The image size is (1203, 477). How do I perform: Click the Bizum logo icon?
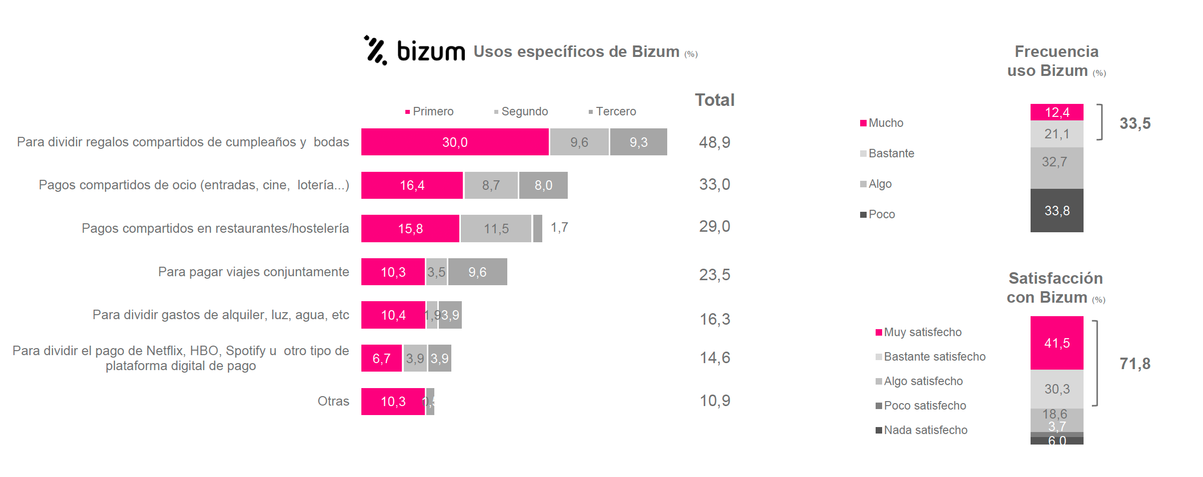tap(375, 50)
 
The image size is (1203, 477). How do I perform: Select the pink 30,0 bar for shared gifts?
tap(454, 142)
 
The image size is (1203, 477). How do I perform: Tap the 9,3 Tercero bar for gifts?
tap(638, 142)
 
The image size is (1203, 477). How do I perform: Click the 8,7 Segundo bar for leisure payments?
tap(491, 185)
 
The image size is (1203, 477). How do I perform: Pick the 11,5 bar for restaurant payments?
tap(496, 229)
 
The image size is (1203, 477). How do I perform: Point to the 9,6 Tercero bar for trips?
tap(477, 272)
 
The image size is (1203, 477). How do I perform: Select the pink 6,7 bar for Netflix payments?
tap(381, 358)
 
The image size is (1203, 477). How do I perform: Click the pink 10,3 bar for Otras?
tap(393, 402)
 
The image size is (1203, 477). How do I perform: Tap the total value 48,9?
tap(714, 142)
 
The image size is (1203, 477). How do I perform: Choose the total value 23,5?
tap(714, 275)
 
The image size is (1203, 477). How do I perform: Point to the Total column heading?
tap(715, 100)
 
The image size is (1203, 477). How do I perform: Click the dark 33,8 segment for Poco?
tap(1057, 210)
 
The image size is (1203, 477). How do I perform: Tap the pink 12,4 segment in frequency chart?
tap(1057, 112)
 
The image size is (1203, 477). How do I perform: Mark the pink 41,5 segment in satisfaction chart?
tap(1057, 343)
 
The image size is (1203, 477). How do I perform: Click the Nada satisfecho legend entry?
tap(922, 430)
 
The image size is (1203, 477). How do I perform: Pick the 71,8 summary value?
tap(1135, 364)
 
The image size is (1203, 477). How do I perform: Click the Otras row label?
tap(333, 401)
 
